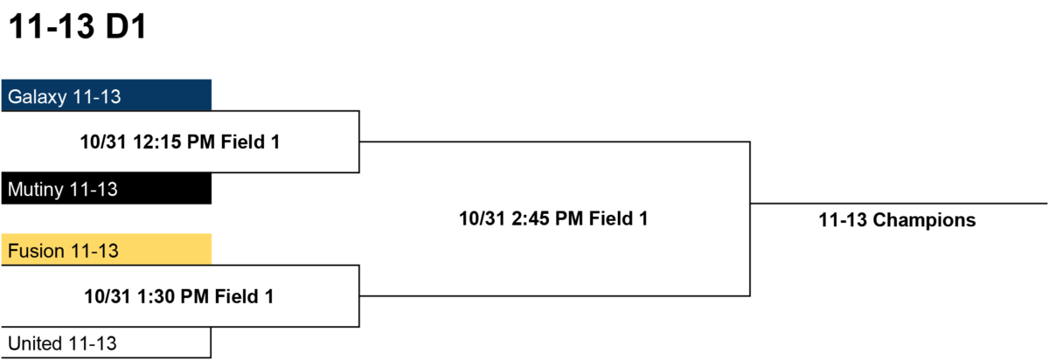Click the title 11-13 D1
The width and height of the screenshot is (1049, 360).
coord(78,26)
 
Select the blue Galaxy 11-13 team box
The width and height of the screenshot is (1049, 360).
coord(107,95)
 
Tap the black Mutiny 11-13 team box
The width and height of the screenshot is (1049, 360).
coord(107,188)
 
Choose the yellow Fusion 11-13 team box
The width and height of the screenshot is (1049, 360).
coord(107,250)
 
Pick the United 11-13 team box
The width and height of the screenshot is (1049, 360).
coord(106,343)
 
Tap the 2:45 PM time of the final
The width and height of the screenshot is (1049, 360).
coord(547,218)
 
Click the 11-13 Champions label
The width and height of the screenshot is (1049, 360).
coord(897,220)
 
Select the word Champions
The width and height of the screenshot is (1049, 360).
coord(924,220)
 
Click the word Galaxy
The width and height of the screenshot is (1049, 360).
coord(38,97)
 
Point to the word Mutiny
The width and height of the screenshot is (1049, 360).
coord(36,190)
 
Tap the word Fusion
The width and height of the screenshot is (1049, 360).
coord(36,251)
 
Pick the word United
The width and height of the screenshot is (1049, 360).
coord(35,343)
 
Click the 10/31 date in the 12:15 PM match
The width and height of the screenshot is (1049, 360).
coord(103,142)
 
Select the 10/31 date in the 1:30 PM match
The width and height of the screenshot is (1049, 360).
coord(108,296)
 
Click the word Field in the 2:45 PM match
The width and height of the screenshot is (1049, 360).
coord(611,218)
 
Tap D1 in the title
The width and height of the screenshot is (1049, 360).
coord(127,26)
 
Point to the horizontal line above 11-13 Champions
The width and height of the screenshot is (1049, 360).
coord(899,204)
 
